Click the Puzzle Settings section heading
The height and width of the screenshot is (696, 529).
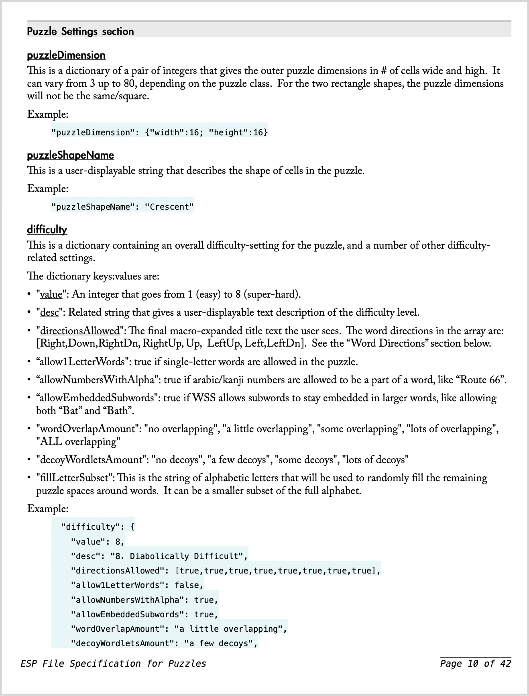click(80, 31)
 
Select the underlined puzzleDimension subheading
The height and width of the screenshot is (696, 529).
click(66, 55)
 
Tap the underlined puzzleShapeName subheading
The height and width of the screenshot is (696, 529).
click(70, 155)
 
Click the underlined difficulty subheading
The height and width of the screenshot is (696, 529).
click(47, 230)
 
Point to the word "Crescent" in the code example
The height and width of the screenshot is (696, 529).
click(169, 207)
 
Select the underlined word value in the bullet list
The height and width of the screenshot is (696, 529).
click(51, 294)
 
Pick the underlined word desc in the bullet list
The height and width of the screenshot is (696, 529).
click(49, 312)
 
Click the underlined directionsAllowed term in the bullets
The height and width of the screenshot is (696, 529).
click(79, 331)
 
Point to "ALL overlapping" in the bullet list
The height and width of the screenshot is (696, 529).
click(78, 442)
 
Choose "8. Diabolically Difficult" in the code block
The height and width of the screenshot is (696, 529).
click(179, 556)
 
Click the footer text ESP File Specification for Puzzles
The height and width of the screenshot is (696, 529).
click(113, 663)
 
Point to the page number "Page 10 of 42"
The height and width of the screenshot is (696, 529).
click(475, 663)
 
